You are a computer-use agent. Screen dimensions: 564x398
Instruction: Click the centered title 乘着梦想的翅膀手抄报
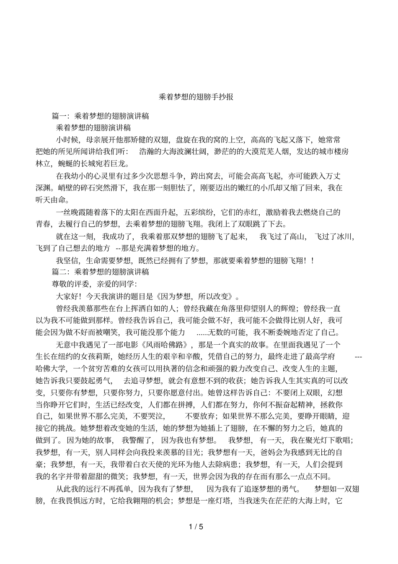coord(196,97)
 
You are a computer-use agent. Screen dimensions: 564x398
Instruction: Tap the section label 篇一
coord(59,116)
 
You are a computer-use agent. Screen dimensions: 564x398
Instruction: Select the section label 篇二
coord(59,272)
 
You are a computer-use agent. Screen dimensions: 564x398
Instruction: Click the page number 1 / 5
coord(196,526)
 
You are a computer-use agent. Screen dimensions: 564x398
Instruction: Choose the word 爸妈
coord(267,452)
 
